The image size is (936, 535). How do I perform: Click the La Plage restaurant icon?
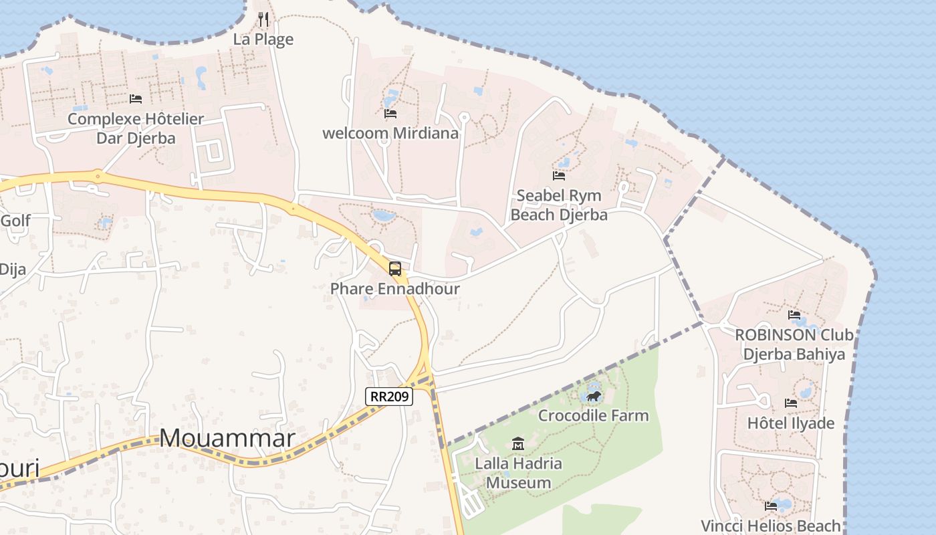click(263, 19)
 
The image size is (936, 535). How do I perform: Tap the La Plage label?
click(263, 39)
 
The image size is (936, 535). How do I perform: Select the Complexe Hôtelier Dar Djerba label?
click(136, 128)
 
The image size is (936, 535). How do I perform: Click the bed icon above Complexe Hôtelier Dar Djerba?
click(136, 99)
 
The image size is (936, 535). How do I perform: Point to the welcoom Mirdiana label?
click(390, 133)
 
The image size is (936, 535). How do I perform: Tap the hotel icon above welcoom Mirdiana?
click(390, 114)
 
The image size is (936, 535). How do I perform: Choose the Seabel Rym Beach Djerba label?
click(558, 205)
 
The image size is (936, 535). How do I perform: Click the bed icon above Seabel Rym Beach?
click(559, 176)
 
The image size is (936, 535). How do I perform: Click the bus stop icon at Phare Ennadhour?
click(395, 269)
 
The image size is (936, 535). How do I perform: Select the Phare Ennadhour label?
click(395, 289)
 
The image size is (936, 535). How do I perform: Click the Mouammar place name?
click(227, 438)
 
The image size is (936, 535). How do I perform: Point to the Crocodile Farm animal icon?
click(594, 397)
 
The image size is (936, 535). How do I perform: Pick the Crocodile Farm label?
click(594, 415)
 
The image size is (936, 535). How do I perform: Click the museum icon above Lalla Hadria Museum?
click(518, 444)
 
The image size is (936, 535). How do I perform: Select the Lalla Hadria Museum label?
click(518, 473)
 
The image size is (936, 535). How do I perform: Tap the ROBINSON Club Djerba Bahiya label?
click(794, 344)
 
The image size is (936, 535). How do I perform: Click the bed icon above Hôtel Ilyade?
click(791, 403)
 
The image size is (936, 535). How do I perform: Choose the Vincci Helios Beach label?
click(771, 526)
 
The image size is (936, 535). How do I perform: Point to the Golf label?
click(15, 221)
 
